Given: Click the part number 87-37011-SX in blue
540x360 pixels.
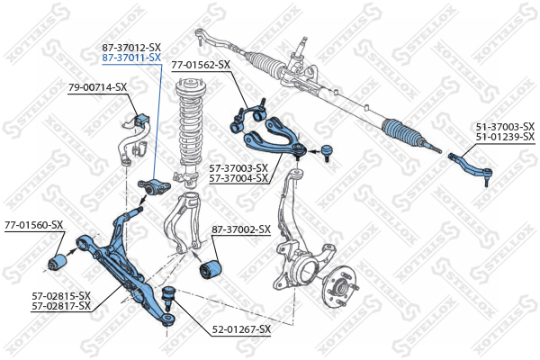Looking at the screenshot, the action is [x=131, y=58].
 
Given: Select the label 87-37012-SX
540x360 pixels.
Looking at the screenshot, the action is [x=131, y=48].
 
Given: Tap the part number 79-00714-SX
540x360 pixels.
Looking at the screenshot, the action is [x=97, y=87].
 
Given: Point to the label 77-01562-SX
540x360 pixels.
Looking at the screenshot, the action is [x=201, y=65].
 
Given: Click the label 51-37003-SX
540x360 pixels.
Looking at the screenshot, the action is [x=505, y=126].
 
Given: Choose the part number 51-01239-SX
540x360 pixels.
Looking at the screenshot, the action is [x=505, y=137].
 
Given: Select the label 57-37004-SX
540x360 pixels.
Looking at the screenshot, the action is [x=238, y=178].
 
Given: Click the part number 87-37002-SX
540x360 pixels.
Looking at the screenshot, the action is [x=241, y=229].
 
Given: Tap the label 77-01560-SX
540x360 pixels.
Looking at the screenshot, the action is [x=34, y=225].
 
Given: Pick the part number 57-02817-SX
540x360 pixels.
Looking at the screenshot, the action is [x=61, y=306].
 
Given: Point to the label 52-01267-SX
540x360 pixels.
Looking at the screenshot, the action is [x=241, y=329].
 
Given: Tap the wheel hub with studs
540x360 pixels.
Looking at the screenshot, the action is [x=341, y=286].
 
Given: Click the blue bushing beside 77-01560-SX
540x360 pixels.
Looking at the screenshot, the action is [x=58, y=262].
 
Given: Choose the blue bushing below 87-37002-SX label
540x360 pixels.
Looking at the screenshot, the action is [x=211, y=270].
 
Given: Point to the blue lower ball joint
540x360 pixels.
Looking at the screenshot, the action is [x=169, y=295].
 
